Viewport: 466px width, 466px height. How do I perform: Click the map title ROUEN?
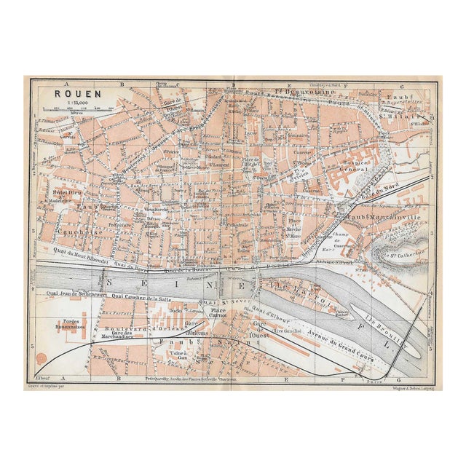point(72,94)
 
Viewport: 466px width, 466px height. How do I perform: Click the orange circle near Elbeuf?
point(41,358)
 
